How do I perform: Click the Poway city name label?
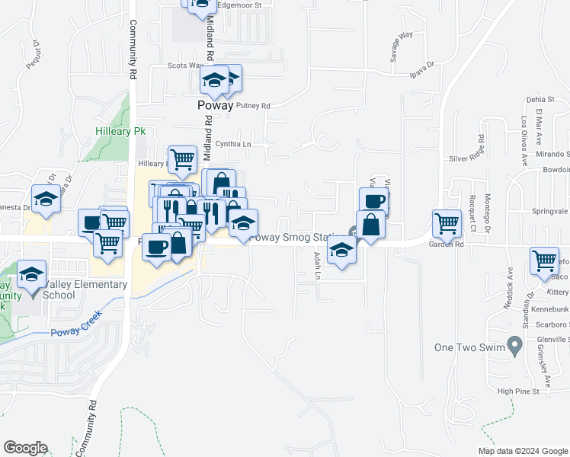tap(216, 106)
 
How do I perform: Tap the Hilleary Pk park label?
tap(120, 131)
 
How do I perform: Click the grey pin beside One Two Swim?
tap(514, 347)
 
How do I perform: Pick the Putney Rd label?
tap(253, 106)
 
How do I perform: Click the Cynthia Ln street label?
tap(233, 143)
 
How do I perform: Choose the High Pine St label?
tap(517, 391)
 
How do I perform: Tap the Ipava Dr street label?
tap(421, 68)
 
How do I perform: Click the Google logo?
tap(25, 448)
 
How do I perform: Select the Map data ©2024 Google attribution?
tap(523, 451)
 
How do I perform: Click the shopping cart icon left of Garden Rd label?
tap(447, 223)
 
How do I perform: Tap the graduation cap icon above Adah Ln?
tap(341, 249)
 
